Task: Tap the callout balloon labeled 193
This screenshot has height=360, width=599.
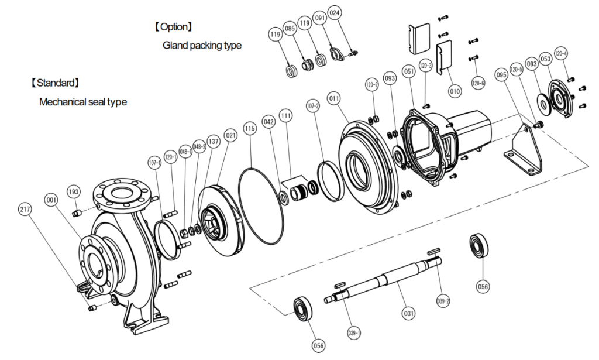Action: tap(74, 191)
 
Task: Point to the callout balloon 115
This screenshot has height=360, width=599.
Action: tap(250, 128)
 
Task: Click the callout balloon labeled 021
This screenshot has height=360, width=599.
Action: tap(231, 136)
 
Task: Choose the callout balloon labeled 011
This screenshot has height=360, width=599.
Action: tap(334, 99)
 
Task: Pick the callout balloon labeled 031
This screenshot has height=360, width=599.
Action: tap(408, 313)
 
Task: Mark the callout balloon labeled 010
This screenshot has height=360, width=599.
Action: tap(455, 91)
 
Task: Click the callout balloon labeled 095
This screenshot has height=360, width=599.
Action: tap(501, 75)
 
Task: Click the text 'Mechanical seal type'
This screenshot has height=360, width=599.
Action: tap(82, 102)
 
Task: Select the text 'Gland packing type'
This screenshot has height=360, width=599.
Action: tap(202, 46)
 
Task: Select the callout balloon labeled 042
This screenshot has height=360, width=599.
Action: tap(268, 122)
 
